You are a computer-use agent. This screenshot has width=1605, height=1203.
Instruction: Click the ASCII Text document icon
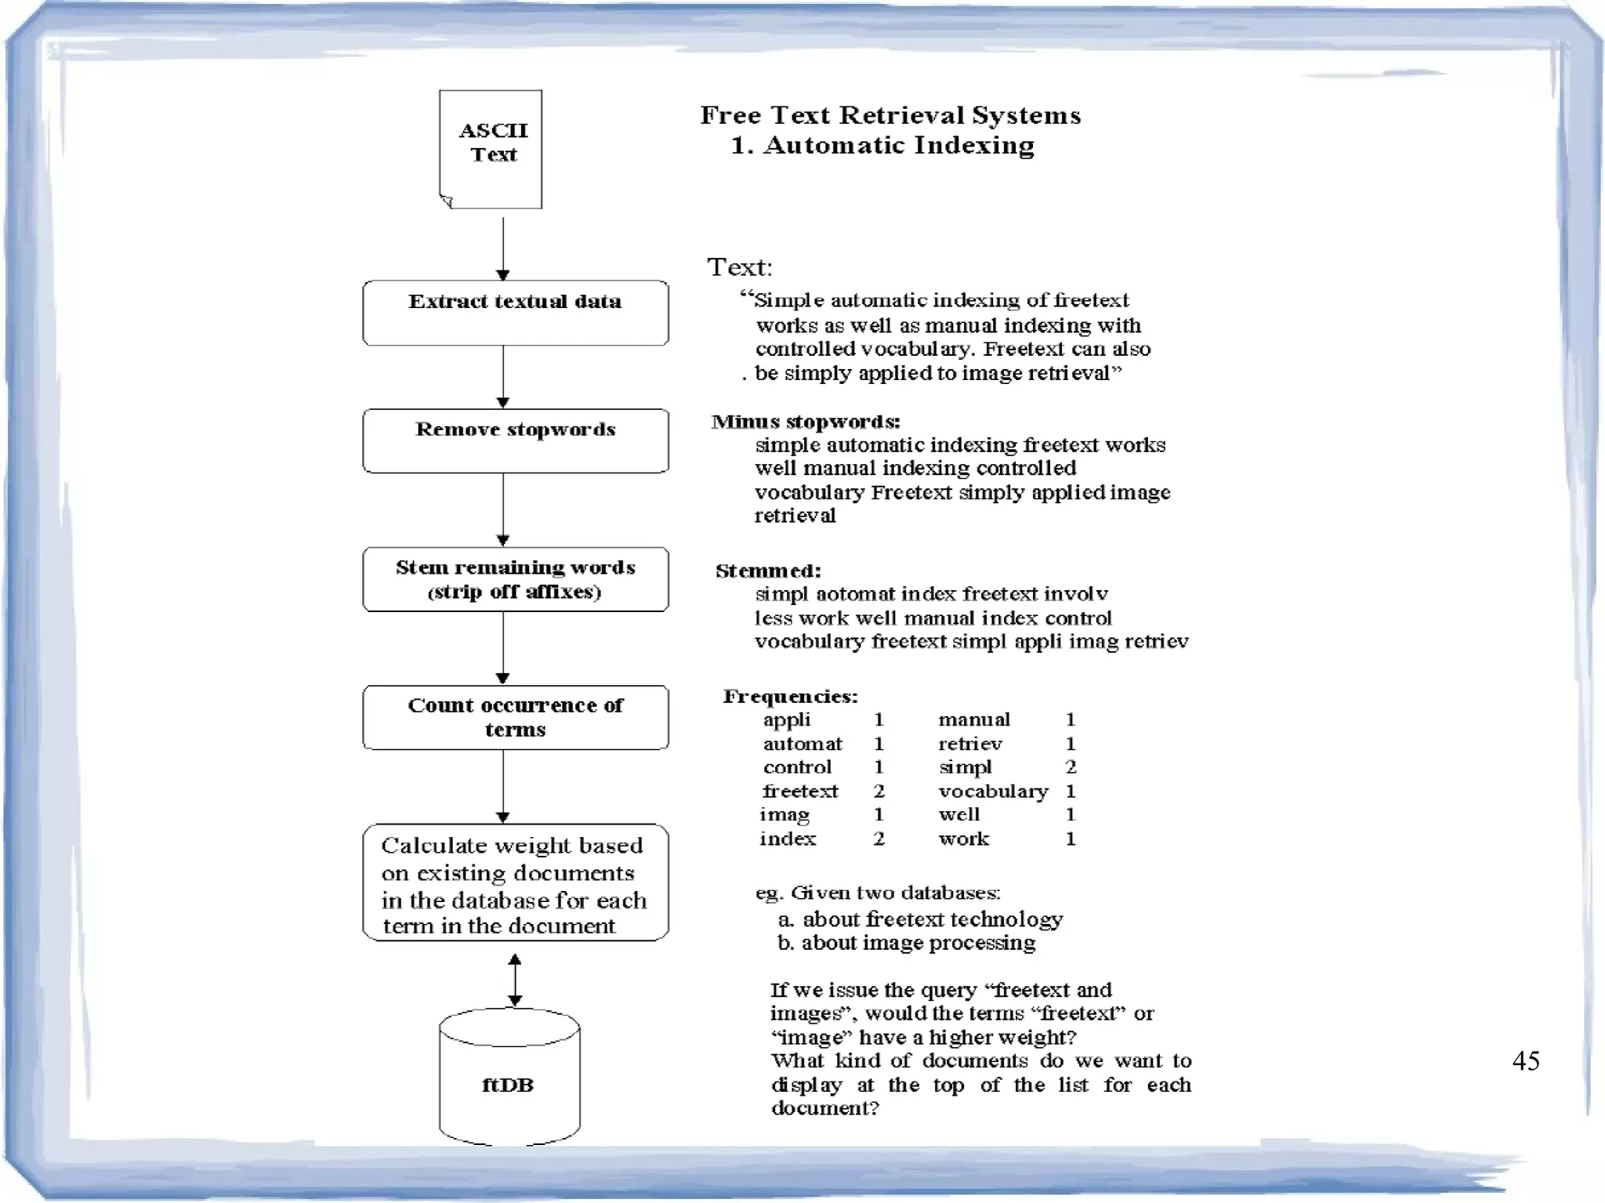pos(491,149)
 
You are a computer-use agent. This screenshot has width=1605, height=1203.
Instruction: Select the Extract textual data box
pos(515,313)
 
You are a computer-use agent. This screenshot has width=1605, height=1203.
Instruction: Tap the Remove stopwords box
pos(515,440)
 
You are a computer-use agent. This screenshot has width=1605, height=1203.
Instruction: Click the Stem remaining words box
pos(515,579)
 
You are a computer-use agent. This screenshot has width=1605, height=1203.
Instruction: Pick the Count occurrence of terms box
pos(515,717)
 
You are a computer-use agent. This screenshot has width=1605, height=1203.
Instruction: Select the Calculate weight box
pos(515,882)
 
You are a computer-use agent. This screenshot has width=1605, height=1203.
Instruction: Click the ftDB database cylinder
pos(509,1078)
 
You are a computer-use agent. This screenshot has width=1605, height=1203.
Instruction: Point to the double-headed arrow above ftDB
pos(515,980)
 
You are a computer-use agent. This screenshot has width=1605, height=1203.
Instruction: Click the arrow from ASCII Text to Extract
pos(503,248)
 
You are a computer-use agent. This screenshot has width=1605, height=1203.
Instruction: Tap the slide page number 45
pos(1525,1060)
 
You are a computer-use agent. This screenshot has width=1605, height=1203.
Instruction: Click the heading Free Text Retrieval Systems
pos(890,115)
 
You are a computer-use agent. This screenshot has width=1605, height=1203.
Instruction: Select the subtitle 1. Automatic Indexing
pos(882,145)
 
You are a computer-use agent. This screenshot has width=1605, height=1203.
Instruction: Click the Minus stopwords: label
pos(806,422)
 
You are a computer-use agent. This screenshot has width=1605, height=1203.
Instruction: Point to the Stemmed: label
pos(768,571)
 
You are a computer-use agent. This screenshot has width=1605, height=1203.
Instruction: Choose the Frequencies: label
pos(790,696)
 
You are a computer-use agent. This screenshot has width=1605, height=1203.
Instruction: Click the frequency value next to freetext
pos(879,791)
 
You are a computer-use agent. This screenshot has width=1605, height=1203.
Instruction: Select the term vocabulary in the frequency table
pos(992,792)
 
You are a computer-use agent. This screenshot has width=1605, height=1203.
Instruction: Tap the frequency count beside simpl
pos(1071,766)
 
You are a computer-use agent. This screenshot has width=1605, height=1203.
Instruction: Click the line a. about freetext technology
pos(920,919)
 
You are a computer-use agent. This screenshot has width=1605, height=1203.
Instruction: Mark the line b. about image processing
pos(907,942)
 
